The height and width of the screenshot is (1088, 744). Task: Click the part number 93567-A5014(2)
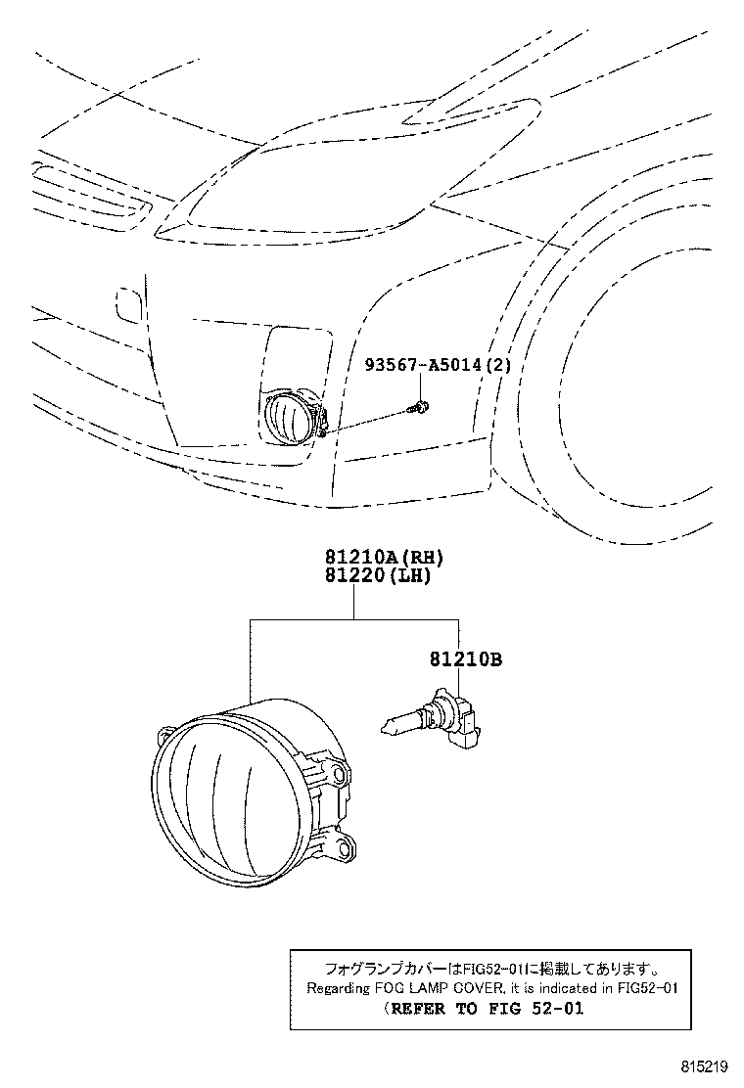(437, 366)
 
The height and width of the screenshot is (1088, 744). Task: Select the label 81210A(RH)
(378, 559)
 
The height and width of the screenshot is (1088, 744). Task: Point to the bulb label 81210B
(464, 660)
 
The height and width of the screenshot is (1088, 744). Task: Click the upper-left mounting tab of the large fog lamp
(164, 733)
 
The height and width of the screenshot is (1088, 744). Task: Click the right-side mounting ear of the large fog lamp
(337, 775)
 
